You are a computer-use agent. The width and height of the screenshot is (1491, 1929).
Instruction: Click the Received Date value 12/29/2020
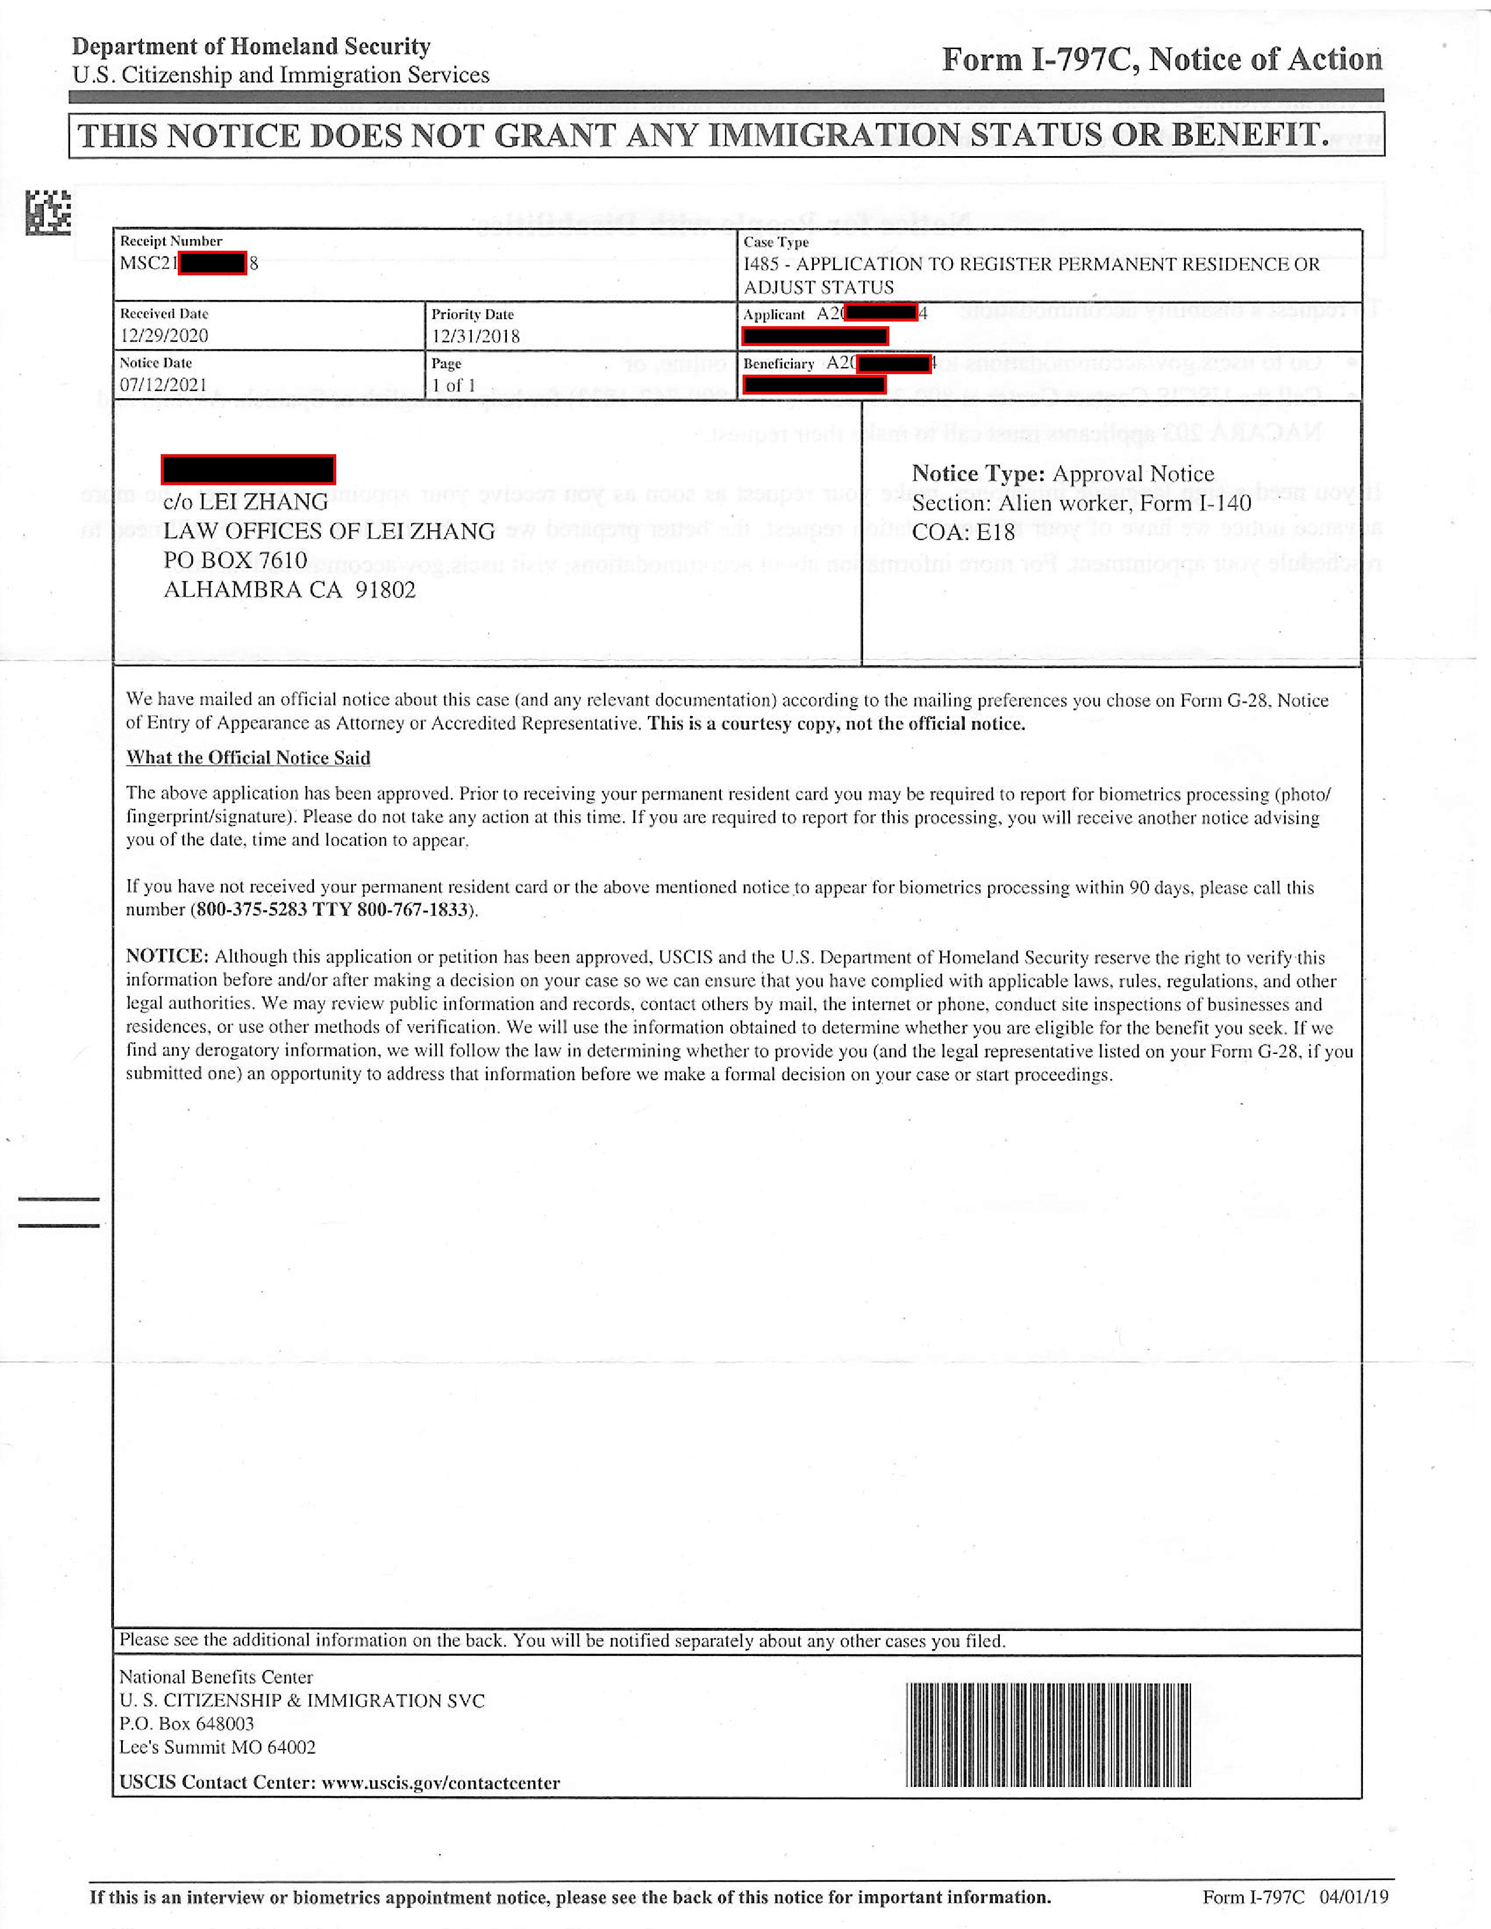pyautogui.click(x=164, y=336)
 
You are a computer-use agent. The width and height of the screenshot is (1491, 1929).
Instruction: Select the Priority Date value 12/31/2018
pyautogui.click(x=475, y=337)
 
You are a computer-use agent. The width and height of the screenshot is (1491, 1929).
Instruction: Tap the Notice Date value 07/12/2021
pyautogui.click(x=163, y=385)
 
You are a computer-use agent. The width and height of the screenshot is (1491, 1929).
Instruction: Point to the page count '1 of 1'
pyautogui.click(x=453, y=386)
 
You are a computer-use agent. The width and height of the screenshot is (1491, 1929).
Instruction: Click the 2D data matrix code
pyautogui.click(x=48, y=213)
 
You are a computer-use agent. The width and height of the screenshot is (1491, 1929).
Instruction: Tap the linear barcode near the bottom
pyautogui.click(x=1048, y=1735)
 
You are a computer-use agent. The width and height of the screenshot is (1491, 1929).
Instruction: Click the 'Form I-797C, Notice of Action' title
pyautogui.click(x=1162, y=60)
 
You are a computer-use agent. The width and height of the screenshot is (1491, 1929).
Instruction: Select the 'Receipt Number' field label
pyautogui.click(x=171, y=241)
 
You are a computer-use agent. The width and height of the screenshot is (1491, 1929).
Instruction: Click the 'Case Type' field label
pyautogui.click(x=775, y=242)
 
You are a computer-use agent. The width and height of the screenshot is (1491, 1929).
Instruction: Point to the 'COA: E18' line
pyautogui.click(x=963, y=532)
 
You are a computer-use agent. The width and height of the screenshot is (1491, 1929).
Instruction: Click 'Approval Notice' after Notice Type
pyautogui.click(x=1133, y=474)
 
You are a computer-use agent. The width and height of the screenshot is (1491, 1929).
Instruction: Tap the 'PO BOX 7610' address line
pyautogui.click(x=235, y=560)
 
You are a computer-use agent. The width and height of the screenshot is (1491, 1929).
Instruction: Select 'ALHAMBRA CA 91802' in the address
pyautogui.click(x=289, y=590)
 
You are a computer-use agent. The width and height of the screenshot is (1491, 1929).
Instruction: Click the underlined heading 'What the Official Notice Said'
pyautogui.click(x=248, y=758)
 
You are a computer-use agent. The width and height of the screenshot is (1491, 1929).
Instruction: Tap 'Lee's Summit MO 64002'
pyautogui.click(x=218, y=1747)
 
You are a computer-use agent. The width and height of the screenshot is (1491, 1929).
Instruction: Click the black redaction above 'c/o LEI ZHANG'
pyautogui.click(x=248, y=469)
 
